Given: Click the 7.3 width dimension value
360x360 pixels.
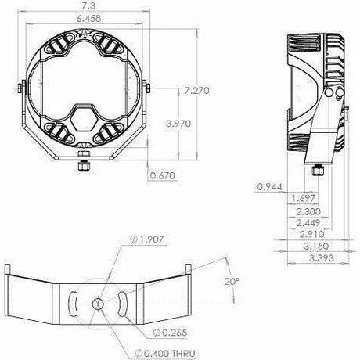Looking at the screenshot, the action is (x=88, y=6).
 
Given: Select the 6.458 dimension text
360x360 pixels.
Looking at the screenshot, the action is (x=88, y=18).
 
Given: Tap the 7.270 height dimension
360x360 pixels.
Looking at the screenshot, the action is (x=196, y=91).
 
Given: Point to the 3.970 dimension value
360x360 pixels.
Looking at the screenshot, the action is (x=178, y=123).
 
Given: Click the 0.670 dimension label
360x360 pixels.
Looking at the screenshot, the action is (x=162, y=175).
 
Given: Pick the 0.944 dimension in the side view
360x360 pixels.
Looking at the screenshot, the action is (x=269, y=187).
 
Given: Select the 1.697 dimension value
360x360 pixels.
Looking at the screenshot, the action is (x=304, y=198).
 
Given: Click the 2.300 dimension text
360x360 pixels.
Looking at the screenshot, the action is (x=308, y=211).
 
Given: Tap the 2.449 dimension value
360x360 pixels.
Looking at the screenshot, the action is (x=308, y=223).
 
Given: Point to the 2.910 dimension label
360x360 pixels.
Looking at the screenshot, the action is (x=312, y=234).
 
